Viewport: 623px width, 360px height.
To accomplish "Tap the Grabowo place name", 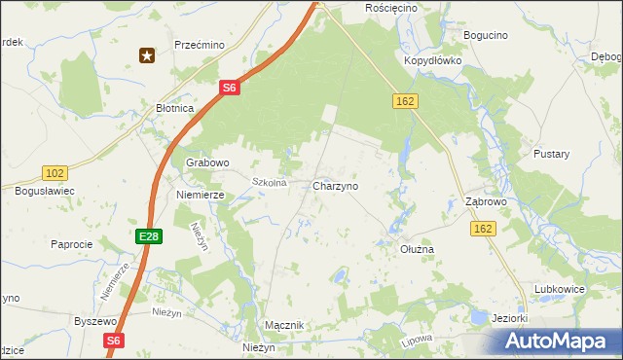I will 207,162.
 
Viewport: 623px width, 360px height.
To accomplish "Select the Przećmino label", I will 200,45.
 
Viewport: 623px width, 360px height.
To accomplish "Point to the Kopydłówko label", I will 432,60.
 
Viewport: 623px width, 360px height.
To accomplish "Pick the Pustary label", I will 551,154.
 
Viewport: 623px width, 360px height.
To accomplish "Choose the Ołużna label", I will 418,249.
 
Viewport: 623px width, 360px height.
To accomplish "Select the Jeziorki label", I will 510,318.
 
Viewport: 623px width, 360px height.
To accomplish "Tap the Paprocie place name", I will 71,244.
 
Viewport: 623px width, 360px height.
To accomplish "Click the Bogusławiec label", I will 45,192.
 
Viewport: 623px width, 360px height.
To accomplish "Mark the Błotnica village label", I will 176,109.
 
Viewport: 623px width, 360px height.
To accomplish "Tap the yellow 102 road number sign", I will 55,173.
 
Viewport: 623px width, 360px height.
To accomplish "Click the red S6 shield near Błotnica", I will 228,88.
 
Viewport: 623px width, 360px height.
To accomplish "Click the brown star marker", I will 147,55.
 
